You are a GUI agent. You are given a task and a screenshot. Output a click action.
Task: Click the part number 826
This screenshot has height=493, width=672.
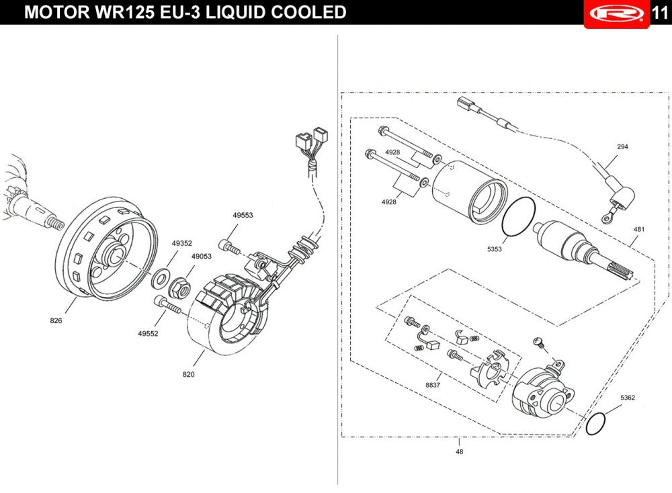(56, 321)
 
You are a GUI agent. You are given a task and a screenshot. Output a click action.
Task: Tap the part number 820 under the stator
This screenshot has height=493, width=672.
(188, 374)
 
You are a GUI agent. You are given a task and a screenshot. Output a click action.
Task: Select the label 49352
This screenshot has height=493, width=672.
(181, 244)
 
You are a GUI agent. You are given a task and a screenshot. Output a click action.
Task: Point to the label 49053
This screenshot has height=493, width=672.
(202, 257)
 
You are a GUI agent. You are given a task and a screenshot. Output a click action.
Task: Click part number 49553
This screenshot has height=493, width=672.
(243, 216)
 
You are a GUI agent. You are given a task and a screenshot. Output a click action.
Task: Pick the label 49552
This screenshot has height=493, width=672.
(148, 333)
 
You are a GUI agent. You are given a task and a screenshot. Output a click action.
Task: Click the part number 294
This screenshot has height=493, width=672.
(622, 146)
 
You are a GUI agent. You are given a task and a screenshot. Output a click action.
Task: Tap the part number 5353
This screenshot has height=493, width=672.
(495, 249)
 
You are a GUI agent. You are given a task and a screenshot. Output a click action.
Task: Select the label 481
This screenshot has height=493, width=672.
(638, 229)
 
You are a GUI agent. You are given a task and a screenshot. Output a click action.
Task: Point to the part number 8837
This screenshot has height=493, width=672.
(433, 385)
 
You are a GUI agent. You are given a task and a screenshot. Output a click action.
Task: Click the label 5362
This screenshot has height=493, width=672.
(628, 398)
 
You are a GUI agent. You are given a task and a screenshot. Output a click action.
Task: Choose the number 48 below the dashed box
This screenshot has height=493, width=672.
(459, 451)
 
